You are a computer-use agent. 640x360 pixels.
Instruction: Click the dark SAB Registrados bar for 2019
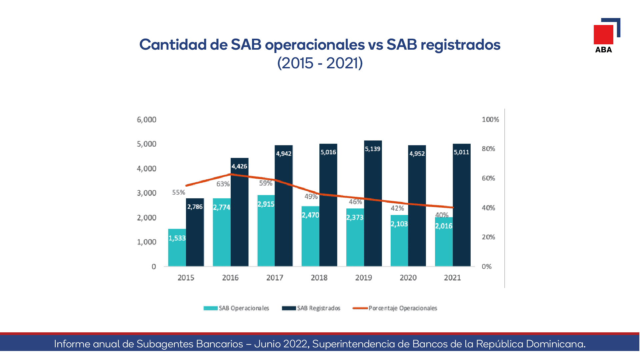tap(373, 203)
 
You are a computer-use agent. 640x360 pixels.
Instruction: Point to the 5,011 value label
tap(461, 152)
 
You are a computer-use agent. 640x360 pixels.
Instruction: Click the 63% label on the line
tap(223, 184)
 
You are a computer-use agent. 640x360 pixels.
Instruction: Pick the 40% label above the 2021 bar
tap(442, 215)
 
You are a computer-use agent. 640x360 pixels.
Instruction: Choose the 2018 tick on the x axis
tap(319, 278)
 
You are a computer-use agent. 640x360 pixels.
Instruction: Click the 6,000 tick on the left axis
tap(147, 120)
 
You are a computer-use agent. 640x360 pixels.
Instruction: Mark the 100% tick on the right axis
tap(490, 120)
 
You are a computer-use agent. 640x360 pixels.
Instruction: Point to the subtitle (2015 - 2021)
tap(320, 63)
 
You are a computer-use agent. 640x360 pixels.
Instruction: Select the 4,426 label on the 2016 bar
tap(239, 166)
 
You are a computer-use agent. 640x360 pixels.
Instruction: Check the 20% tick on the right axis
tap(488, 237)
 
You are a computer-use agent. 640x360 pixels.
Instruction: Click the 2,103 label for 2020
tap(399, 224)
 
